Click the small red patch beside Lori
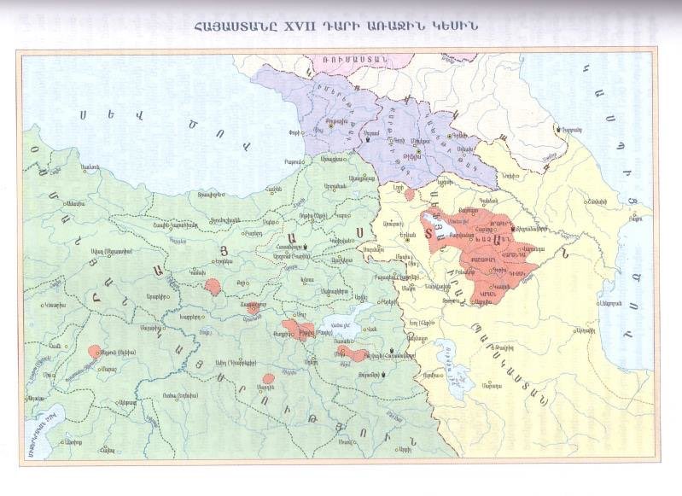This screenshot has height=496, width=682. (x=410, y=195)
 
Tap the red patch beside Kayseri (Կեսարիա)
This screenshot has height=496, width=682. (x=94, y=351)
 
